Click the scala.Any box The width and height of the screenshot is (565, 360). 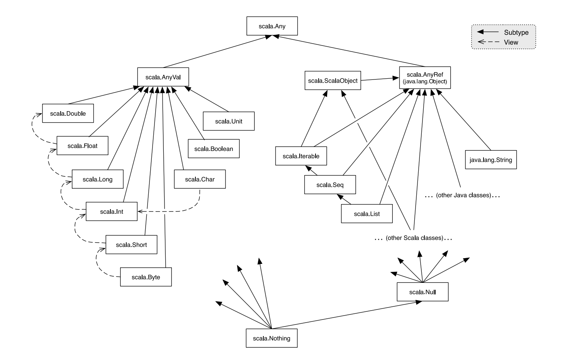tap(272, 27)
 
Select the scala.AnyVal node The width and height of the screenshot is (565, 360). tap(163, 77)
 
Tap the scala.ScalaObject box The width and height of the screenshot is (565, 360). tap(333, 81)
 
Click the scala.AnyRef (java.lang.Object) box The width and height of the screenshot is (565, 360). tap(424, 78)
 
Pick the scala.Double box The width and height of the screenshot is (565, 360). tap(68, 113)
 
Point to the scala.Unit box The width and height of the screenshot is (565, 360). tap(229, 121)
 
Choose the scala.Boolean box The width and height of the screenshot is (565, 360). tap(214, 149)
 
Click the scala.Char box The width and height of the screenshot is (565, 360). tap(200, 179)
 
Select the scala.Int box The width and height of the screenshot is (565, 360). tap(112, 211)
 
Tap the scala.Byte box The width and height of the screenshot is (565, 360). tap(146, 277)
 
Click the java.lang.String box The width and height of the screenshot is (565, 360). tap(490, 160)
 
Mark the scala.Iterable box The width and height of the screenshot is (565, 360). tap(301, 156)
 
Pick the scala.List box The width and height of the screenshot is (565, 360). tap(366, 214)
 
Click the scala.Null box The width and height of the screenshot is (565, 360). tap(422, 292)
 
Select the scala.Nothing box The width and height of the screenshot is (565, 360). tap(271, 338)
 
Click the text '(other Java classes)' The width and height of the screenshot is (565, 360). tap(463, 195)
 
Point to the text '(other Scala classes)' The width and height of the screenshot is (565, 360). tap(414, 238)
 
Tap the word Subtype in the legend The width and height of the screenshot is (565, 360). tap(516, 32)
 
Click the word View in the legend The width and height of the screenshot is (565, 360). tap(511, 42)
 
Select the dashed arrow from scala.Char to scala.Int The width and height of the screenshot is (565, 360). tap(174, 211)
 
